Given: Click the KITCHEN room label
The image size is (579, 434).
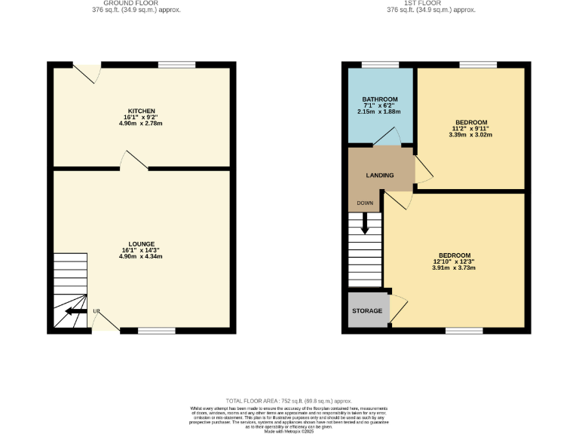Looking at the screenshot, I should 141,112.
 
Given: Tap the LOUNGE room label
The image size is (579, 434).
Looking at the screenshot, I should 142,244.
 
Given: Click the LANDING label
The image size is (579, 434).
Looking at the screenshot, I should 379,176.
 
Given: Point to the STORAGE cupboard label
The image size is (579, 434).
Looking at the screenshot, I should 367,311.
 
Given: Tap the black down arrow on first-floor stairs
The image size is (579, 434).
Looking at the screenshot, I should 365,223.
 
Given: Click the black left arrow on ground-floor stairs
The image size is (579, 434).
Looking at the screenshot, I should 75,310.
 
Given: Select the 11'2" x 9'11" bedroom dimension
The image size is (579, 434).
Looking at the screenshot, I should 470,129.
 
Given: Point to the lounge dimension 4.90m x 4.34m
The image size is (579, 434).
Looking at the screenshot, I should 142,257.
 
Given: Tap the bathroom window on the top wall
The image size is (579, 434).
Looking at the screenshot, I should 380,65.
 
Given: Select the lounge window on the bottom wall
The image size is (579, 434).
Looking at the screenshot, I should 157,330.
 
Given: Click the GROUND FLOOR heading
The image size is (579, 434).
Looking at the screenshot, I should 141,3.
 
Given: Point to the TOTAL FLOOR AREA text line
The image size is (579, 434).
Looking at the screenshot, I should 289,401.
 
